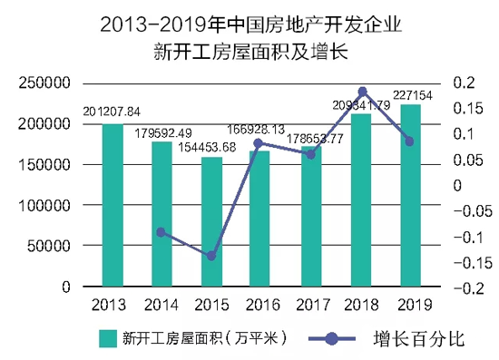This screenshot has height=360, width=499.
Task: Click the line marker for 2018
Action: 362,92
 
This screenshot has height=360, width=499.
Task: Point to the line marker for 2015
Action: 211,257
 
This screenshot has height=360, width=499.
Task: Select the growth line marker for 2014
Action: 161,232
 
